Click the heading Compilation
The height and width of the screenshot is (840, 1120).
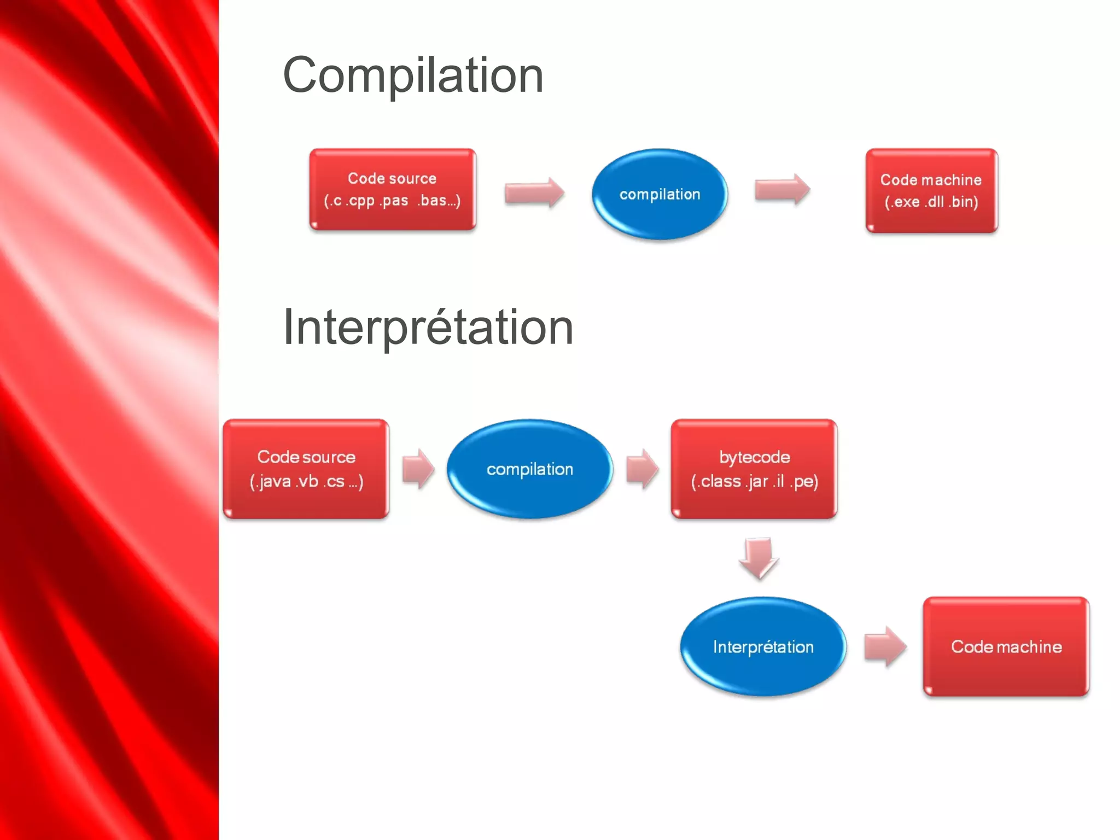pyautogui.click(x=413, y=75)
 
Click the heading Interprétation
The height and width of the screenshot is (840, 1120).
pyautogui.click(x=428, y=327)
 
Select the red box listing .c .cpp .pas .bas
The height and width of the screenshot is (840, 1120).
pyautogui.click(x=393, y=189)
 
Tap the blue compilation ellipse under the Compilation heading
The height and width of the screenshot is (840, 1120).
pyautogui.click(x=660, y=194)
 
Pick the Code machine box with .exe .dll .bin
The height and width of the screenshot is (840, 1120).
pyautogui.click(x=931, y=191)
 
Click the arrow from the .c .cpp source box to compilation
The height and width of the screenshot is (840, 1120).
pyautogui.click(x=534, y=192)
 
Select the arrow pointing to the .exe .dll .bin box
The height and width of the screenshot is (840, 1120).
pyautogui.click(x=782, y=189)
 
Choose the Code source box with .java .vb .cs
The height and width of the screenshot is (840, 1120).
pyautogui.click(x=306, y=469)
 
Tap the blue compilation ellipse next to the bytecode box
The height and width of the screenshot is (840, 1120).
pyautogui.click(x=529, y=469)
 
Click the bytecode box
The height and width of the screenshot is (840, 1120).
pyautogui.click(x=754, y=469)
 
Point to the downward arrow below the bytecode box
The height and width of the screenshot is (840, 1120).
pyautogui.click(x=759, y=557)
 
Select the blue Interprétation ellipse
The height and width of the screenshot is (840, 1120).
pyautogui.click(x=763, y=646)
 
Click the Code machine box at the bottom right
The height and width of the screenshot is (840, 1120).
pyautogui.click(x=1006, y=646)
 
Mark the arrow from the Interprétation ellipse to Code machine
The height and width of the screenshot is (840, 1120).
pyautogui.click(x=885, y=646)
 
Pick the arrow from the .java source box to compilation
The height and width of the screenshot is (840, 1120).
pyautogui.click(x=418, y=469)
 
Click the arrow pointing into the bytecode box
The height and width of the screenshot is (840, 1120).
pyautogui.click(x=642, y=469)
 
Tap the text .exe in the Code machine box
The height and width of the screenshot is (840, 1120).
pyautogui.click(x=906, y=202)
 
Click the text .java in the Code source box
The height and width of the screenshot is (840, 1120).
pyautogui.click(x=273, y=481)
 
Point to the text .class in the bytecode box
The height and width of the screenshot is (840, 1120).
pyautogui.click(x=719, y=481)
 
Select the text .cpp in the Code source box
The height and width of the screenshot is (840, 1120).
pyautogui.click(x=361, y=201)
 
